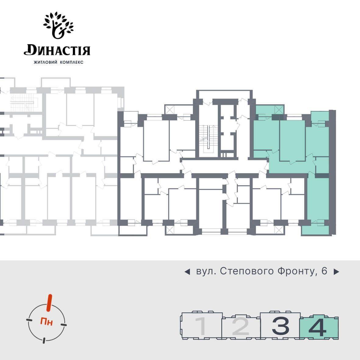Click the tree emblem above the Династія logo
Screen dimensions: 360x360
(x=58, y=25)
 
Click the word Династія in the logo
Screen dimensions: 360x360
(x=57, y=50)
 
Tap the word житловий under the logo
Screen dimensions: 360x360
(x=45, y=62)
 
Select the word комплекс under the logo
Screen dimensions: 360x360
(x=72, y=62)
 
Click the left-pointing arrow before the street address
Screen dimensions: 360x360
(x=187, y=272)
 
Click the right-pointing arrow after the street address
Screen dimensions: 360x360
(x=336, y=272)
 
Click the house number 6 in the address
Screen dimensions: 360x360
(x=324, y=271)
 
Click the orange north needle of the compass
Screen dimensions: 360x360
(x=49, y=303)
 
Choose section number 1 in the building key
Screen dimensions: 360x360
(x=201, y=326)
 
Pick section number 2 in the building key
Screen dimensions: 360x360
(x=241, y=326)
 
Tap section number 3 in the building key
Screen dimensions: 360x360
(x=280, y=326)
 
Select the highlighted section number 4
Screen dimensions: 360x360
(x=318, y=326)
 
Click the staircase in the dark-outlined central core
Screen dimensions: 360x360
(x=208, y=137)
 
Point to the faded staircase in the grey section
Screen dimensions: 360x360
(x=22, y=103)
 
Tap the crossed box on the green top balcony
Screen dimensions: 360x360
(x=278, y=109)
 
